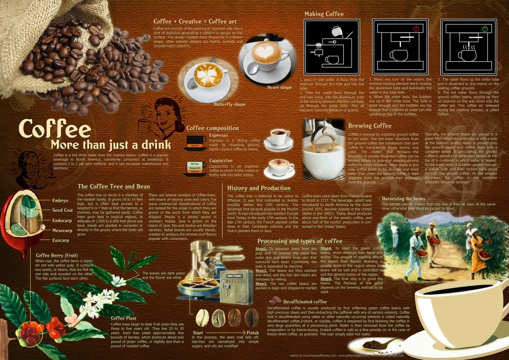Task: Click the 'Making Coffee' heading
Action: (324, 14)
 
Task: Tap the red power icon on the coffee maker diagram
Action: (416, 29)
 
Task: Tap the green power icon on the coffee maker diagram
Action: (485, 29)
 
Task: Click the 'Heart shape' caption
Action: (279, 87)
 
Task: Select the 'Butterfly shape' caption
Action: (229, 104)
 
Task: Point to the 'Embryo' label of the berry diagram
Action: (60, 201)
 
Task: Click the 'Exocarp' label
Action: (60, 240)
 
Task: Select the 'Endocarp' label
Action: (62, 221)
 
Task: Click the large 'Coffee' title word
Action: (55, 129)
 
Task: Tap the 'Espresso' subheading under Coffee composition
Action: (218, 135)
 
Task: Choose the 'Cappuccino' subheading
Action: (220, 161)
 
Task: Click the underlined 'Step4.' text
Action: (326, 248)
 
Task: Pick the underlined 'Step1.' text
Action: (261, 249)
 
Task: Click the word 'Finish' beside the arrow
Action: (253, 333)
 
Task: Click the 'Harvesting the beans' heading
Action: (403, 199)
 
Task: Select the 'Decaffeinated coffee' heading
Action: (305, 301)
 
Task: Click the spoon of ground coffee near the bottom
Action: (375, 344)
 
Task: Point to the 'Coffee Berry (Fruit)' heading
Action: (57, 255)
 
